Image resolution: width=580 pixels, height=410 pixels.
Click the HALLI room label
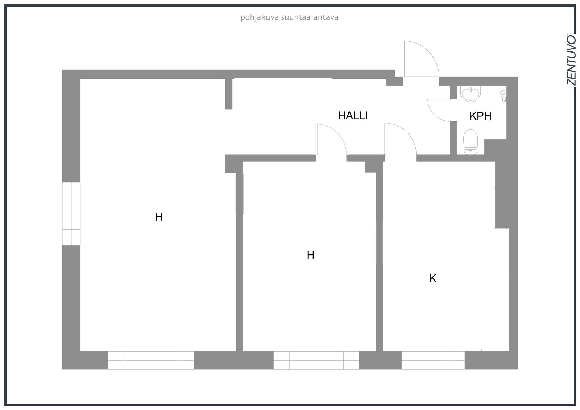click(x=353, y=116)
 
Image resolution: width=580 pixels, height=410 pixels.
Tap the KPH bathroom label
click(x=480, y=116)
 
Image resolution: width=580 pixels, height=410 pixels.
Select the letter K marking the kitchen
click(x=433, y=278)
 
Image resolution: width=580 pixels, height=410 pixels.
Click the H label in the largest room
click(x=159, y=217)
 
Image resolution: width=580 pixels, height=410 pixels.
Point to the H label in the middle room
click(x=310, y=255)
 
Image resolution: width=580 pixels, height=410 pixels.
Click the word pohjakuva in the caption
click(x=260, y=18)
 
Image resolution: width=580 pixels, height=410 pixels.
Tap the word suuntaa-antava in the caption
click(x=310, y=17)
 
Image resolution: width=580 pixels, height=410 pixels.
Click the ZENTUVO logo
click(x=571, y=63)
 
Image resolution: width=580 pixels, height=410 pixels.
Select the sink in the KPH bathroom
click(x=471, y=94)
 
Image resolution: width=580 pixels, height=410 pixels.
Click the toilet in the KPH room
click(x=471, y=142)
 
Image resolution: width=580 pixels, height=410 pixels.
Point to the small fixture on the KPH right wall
click(x=504, y=96)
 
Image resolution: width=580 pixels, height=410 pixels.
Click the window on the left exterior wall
click(x=71, y=214)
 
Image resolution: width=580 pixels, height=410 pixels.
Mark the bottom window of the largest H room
click(x=151, y=360)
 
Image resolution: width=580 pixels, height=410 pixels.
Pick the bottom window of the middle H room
click(x=316, y=360)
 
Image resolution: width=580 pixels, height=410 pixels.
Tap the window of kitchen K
click(x=433, y=360)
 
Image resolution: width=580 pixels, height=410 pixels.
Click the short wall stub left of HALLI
click(x=229, y=94)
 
